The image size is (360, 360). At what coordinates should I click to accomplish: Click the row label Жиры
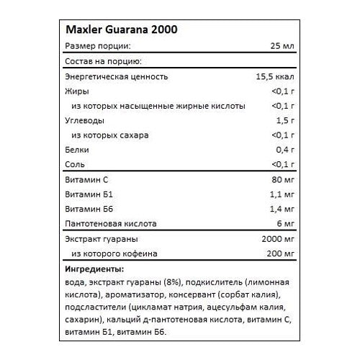point(75,91)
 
